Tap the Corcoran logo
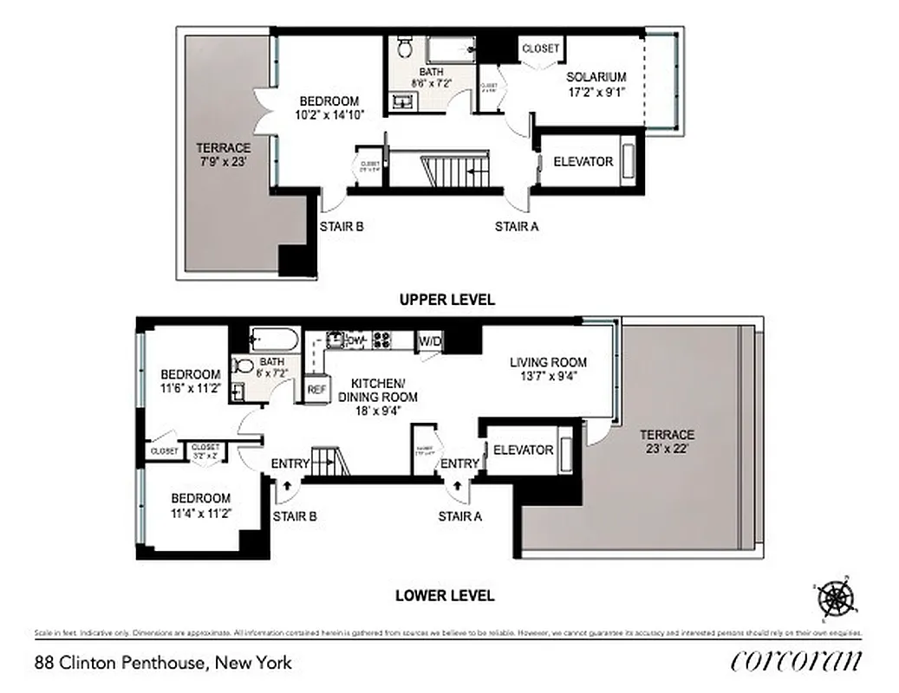796,661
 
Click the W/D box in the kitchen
430,341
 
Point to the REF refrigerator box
316,390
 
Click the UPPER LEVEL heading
446,300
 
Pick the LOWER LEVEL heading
445,595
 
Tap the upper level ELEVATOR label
583,162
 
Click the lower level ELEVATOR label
523,450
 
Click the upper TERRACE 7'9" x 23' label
223,154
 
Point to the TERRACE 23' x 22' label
668,441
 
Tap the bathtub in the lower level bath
274,338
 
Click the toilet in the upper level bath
406,47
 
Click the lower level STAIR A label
459,516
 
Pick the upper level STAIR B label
341,227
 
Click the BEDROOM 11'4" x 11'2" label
200,505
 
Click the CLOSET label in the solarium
540,49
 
